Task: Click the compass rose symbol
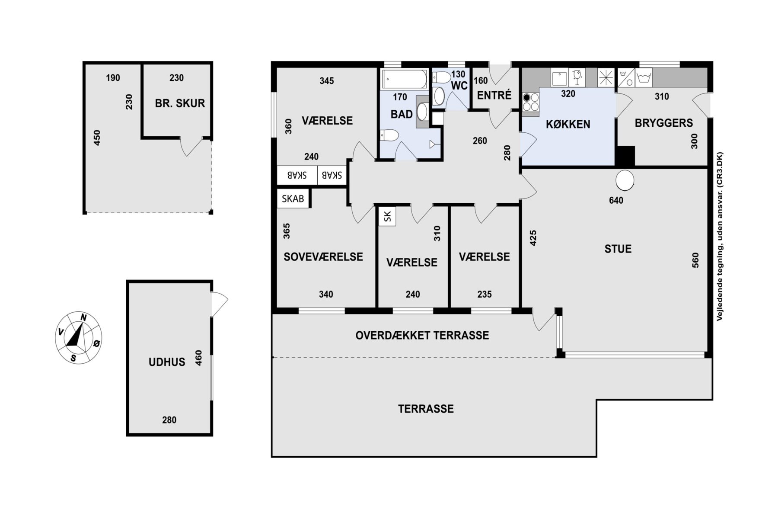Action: click(x=79, y=337)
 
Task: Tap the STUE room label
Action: click(x=618, y=249)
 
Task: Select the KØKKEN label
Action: click(x=568, y=125)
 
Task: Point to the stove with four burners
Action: click(x=531, y=103)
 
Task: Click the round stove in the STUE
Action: click(x=625, y=180)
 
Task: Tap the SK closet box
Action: click(x=387, y=216)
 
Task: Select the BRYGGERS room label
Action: click(x=663, y=123)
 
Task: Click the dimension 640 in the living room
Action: click(x=616, y=200)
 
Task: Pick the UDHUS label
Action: click(x=167, y=362)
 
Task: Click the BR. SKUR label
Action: click(x=180, y=103)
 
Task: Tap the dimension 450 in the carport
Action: click(x=97, y=138)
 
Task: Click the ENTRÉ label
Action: click(x=494, y=95)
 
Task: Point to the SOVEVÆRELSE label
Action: click(x=323, y=257)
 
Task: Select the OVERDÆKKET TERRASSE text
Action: click(x=422, y=336)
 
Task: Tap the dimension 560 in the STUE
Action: click(x=695, y=260)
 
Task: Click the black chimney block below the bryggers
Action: click(x=625, y=156)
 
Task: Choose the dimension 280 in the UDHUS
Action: click(x=169, y=420)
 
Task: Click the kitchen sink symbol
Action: click(x=560, y=78)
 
